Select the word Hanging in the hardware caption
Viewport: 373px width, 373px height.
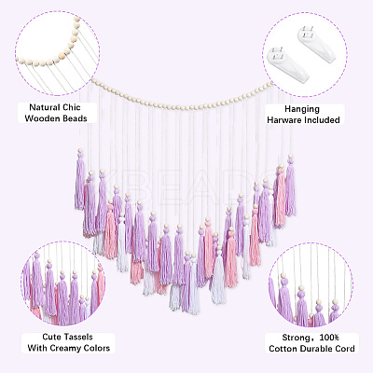click(302, 109)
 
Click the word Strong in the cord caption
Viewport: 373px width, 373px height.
click(296, 338)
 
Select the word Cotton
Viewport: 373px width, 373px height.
click(283, 349)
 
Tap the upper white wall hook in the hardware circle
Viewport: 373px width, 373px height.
click(317, 44)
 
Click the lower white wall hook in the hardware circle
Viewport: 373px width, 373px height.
click(287, 65)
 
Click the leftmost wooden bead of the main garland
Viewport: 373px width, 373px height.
click(93, 81)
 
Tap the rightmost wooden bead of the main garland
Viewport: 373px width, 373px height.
click(271, 83)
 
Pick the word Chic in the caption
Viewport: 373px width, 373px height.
click(73, 107)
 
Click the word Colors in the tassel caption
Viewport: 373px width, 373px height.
click(98, 348)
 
